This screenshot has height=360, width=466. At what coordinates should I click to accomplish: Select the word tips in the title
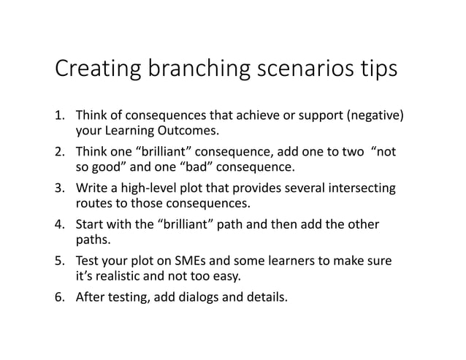pyautogui.click(x=375, y=71)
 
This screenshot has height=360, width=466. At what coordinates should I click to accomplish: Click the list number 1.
pyautogui.click(x=60, y=117)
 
